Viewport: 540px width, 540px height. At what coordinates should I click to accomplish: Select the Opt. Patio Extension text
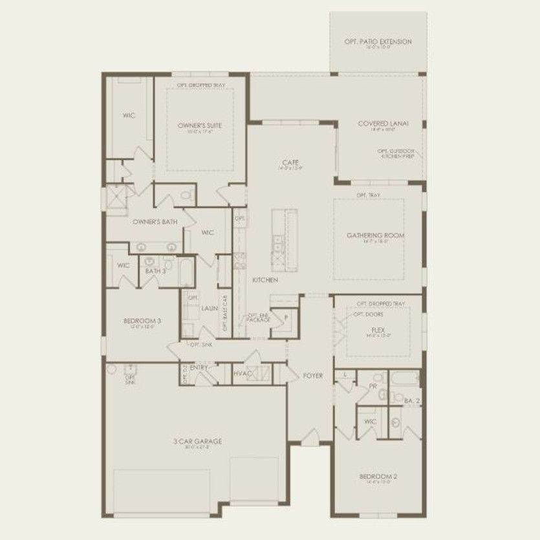(378, 42)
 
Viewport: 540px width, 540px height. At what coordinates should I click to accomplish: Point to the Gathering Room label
(375, 235)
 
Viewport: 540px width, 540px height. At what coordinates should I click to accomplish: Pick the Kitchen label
(265, 280)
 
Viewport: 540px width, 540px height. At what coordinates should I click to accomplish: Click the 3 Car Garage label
(197, 441)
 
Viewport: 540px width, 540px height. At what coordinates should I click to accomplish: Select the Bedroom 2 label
(378, 477)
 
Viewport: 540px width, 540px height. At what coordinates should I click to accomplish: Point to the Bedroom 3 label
(142, 321)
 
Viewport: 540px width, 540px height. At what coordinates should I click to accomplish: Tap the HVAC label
(242, 373)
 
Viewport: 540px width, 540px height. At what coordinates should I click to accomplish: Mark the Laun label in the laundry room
(209, 309)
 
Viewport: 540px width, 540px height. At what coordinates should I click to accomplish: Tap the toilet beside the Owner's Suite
(186, 195)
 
